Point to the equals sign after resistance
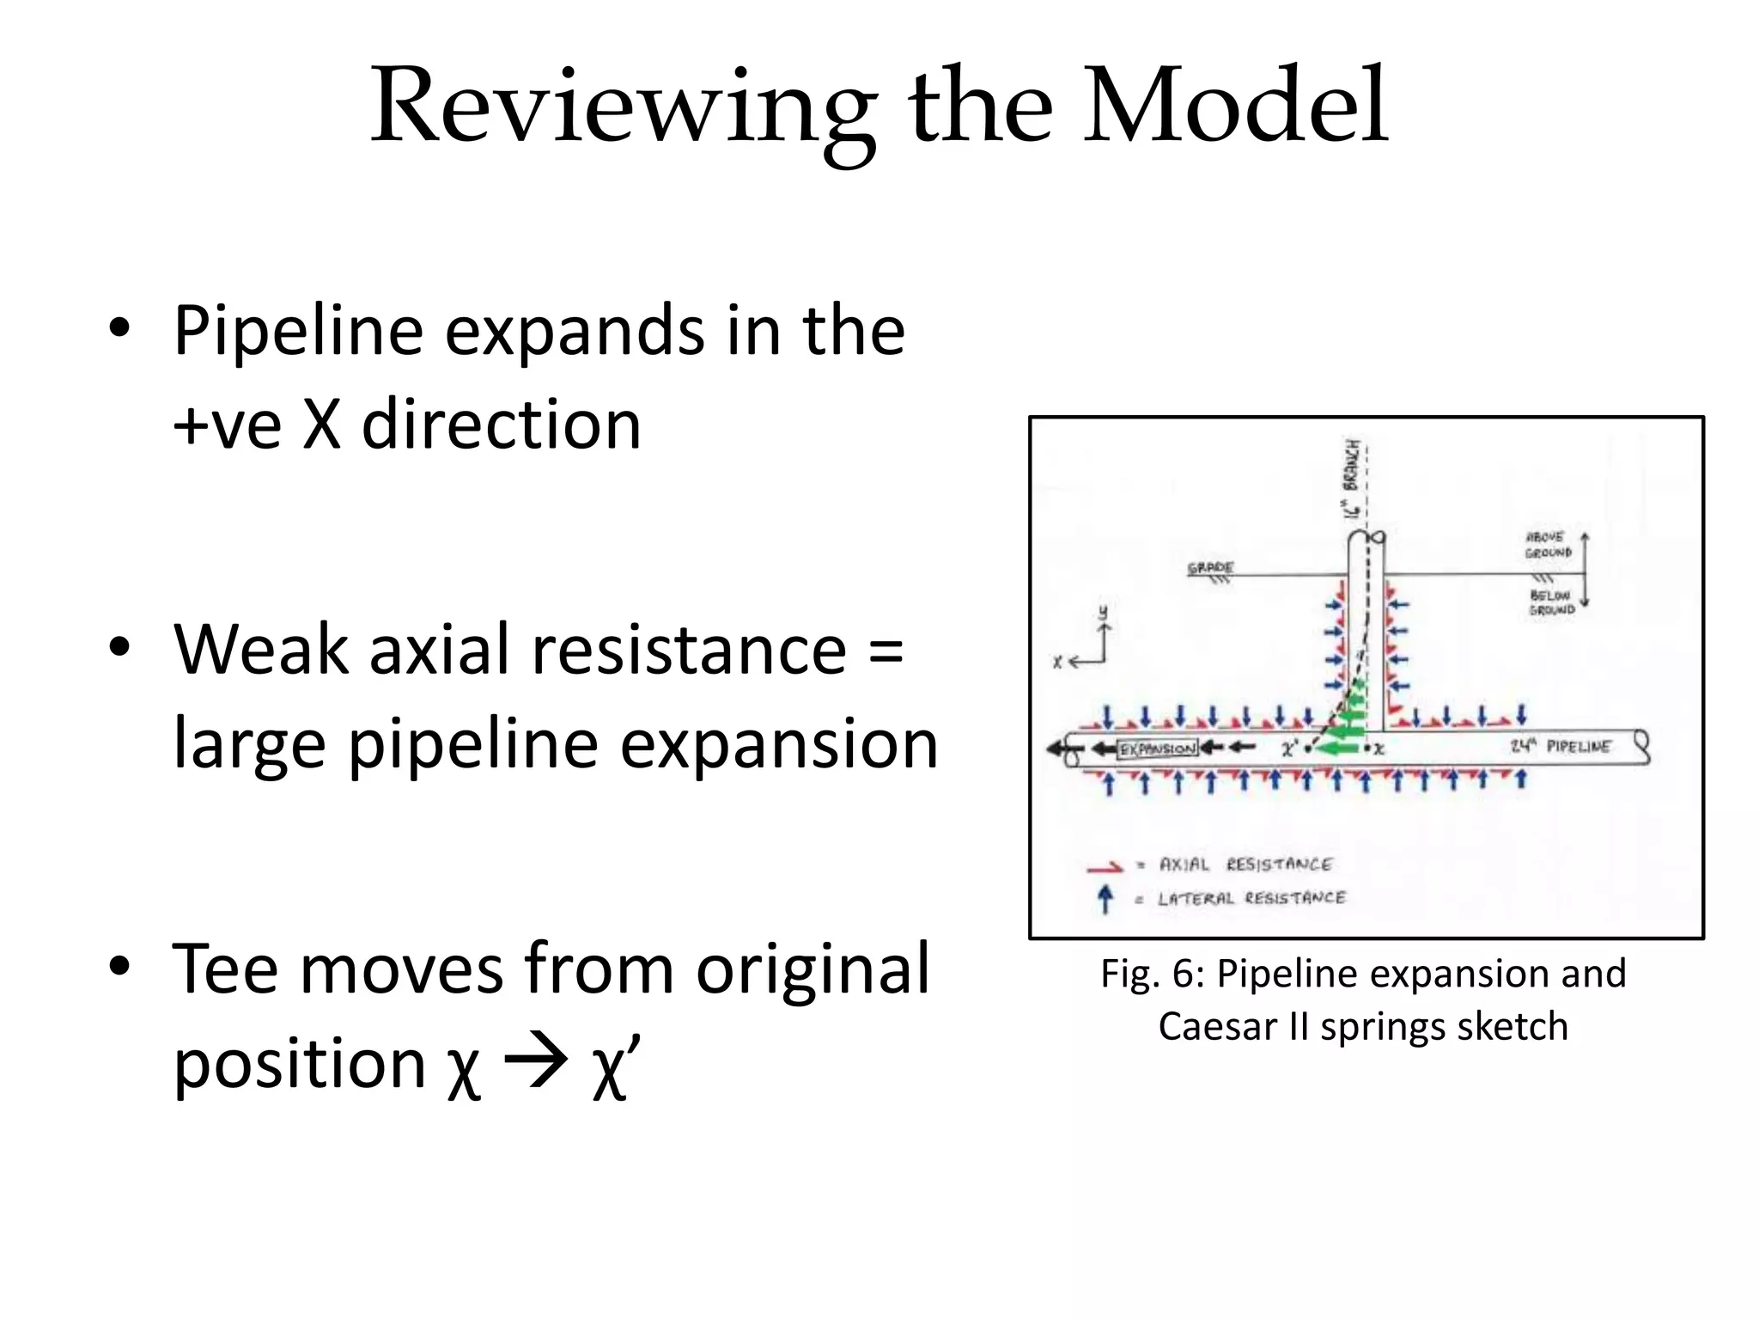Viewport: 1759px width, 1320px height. pyautogui.click(x=885, y=651)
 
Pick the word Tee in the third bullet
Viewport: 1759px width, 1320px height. pyautogui.click(x=225, y=969)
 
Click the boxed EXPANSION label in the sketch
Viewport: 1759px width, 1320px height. pyautogui.click(x=1156, y=749)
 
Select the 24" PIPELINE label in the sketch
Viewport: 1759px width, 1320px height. pyautogui.click(x=1561, y=746)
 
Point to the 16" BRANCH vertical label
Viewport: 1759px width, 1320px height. pyautogui.click(x=1353, y=478)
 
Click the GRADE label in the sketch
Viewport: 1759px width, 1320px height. pyautogui.click(x=1210, y=568)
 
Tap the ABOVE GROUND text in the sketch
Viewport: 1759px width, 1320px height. pyautogui.click(x=1548, y=545)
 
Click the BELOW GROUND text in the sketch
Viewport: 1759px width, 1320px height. pyautogui.click(x=1551, y=602)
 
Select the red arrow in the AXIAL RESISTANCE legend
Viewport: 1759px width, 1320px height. pyautogui.click(x=1104, y=867)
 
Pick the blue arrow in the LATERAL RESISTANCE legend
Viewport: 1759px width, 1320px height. pyautogui.click(x=1105, y=899)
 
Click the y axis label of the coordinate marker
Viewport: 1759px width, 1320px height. pyautogui.click(x=1103, y=613)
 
